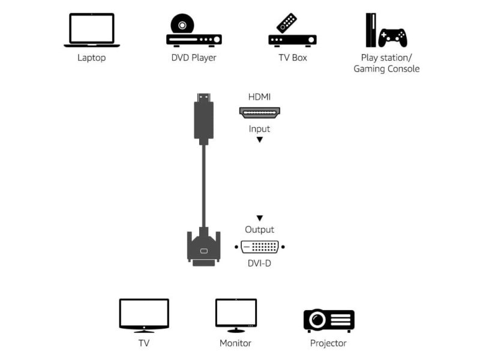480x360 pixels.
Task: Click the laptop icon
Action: click(x=92, y=30)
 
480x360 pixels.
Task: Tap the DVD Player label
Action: click(x=194, y=58)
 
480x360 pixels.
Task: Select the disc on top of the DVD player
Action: click(x=182, y=23)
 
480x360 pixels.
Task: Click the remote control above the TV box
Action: click(x=287, y=23)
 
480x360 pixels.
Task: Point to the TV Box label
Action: click(x=293, y=58)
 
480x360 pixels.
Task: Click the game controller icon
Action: click(x=393, y=38)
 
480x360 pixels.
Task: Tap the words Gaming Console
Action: click(x=386, y=69)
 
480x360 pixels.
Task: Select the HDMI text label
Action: click(x=259, y=97)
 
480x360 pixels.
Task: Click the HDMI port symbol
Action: click(x=260, y=112)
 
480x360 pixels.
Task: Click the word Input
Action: click(x=259, y=129)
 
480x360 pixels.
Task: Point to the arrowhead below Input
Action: click(x=260, y=140)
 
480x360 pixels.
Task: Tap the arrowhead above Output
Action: click(x=260, y=218)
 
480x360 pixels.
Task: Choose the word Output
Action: click(x=260, y=230)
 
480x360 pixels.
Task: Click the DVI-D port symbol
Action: click(x=260, y=247)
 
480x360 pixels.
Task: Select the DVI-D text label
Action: click(x=259, y=263)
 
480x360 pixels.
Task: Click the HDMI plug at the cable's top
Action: click(x=203, y=119)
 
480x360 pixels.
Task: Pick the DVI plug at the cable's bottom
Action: click(x=203, y=247)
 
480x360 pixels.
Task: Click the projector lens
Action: click(x=317, y=320)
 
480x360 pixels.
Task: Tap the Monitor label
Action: click(x=235, y=343)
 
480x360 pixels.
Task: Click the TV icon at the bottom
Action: click(x=144, y=316)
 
